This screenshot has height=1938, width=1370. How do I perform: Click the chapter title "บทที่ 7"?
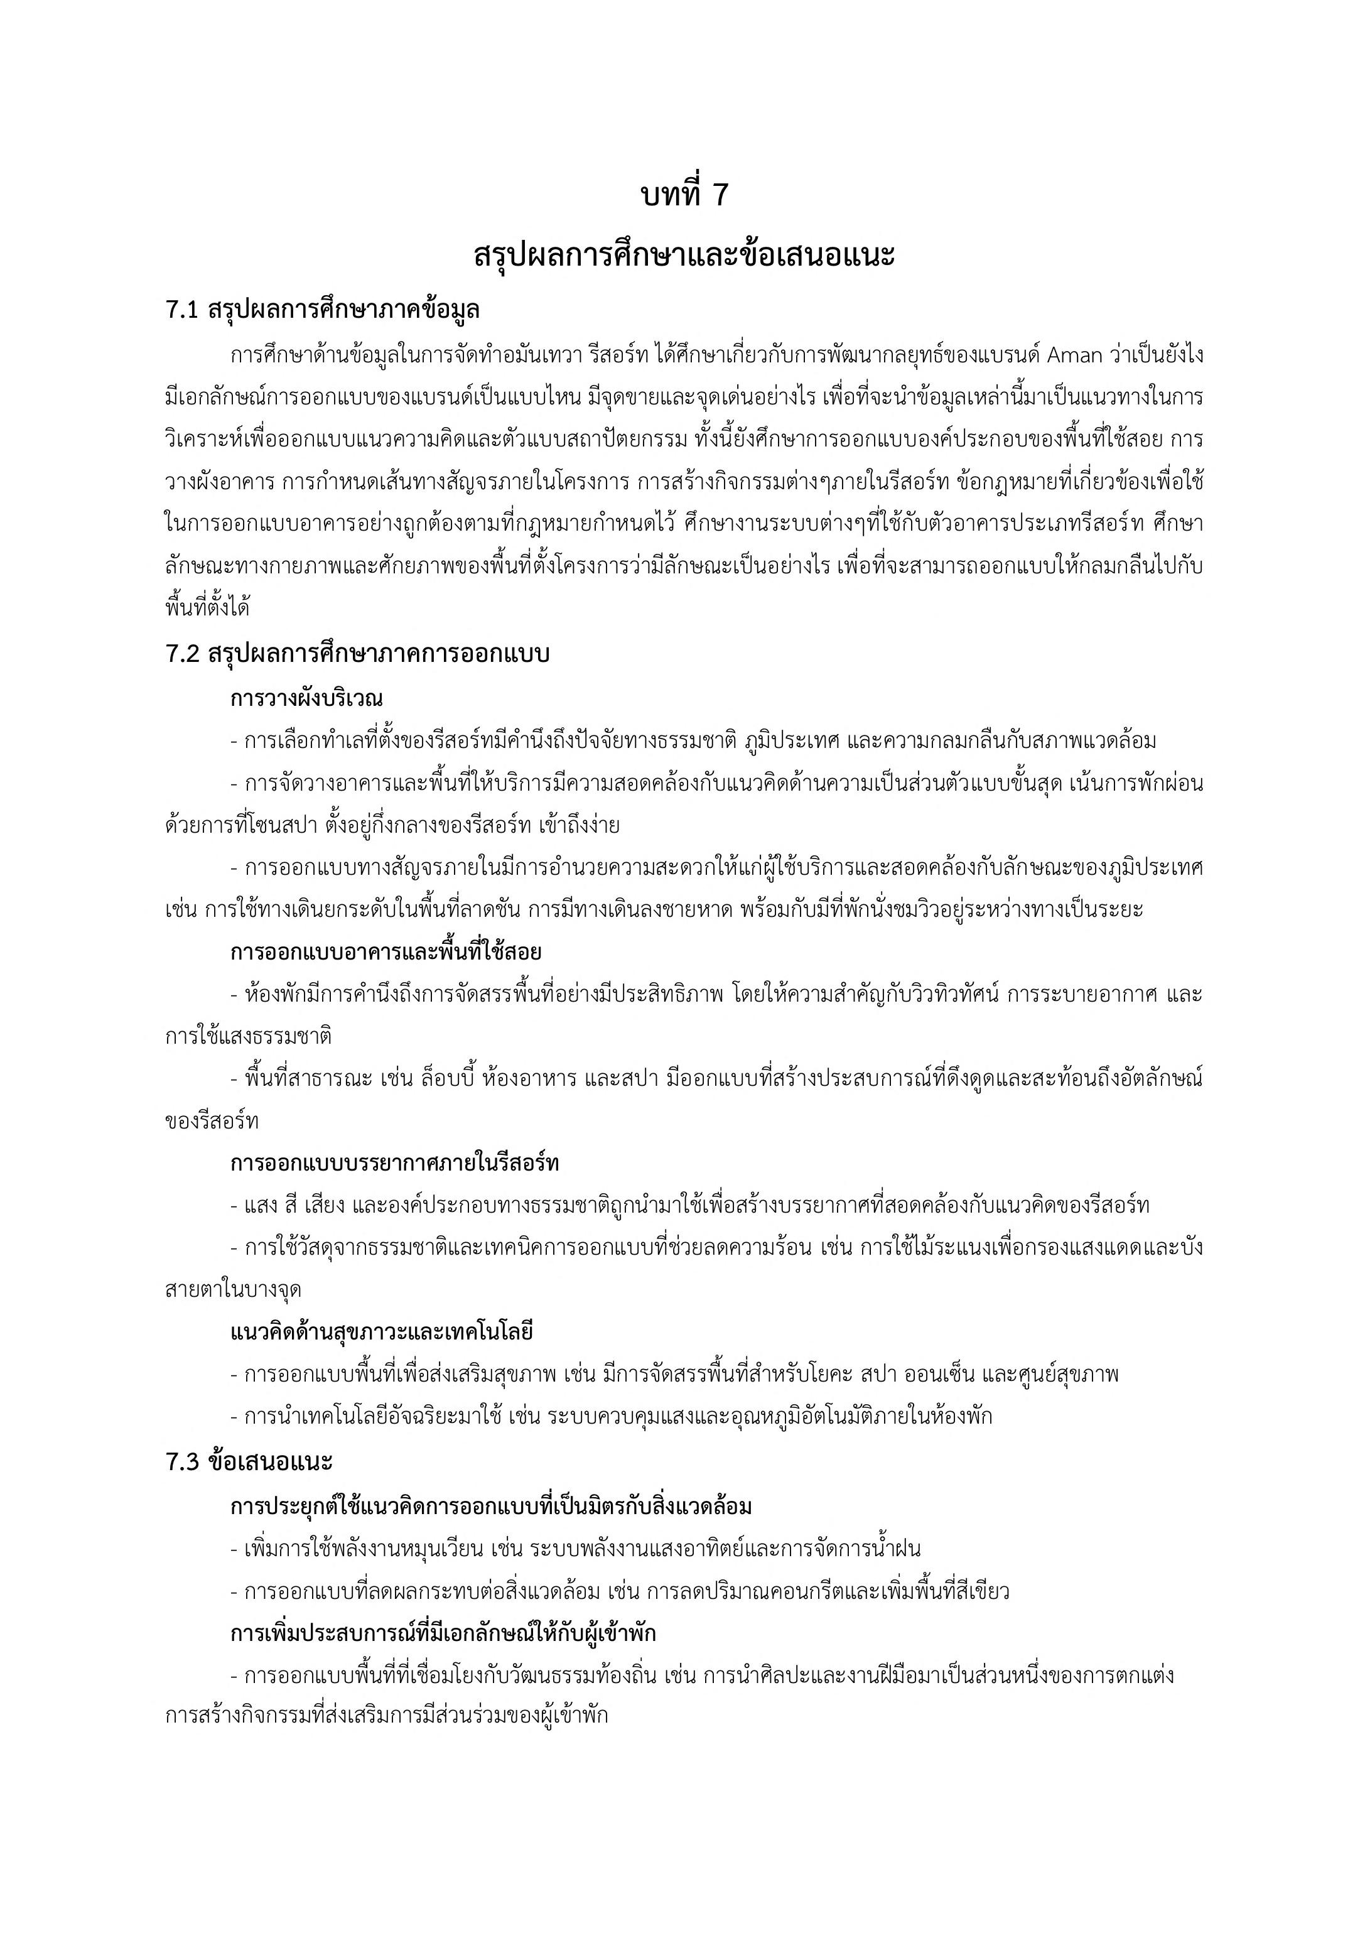click(x=684, y=195)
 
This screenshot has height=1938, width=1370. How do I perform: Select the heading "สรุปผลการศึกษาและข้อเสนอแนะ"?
click(x=684, y=256)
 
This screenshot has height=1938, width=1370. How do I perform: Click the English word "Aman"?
click(x=1074, y=355)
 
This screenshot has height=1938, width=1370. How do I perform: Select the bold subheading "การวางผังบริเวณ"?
click(x=306, y=699)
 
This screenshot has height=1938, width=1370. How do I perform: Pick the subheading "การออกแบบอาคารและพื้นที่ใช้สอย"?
click(x=386, y=952)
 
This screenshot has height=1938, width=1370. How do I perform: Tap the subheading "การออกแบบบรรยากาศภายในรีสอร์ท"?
click(x=394, y=1163)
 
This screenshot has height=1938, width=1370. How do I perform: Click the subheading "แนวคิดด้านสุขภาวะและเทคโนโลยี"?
click(x=382, y=1332)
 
